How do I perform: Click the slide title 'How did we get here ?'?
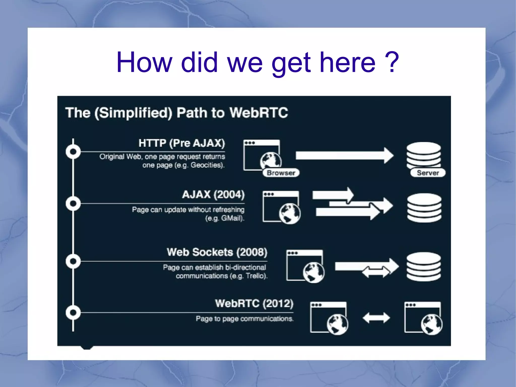tap(257, 62)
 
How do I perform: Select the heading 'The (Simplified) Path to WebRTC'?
tap(176, 112)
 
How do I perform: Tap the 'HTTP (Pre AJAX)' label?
tap(181, 143)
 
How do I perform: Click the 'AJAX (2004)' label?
tap(213, 194)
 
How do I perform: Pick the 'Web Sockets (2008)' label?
tap(217, 252)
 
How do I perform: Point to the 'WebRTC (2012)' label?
tap(254, 303)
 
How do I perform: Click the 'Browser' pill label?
tap(281, 173)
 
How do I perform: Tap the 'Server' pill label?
tap(428, 173)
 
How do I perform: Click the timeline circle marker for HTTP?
tap(73, 152)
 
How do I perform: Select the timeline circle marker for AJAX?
tap(73, 203)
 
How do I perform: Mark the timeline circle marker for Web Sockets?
tap(73, 261)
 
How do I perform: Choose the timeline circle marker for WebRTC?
tap(73, 313)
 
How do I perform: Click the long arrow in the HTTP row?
tap(344, 156)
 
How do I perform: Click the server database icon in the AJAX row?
tap(424, 208)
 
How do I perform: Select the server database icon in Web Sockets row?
tap(424, 266)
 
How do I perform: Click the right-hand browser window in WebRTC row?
tap(423, 318)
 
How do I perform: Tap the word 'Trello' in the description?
tap(255, 276)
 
